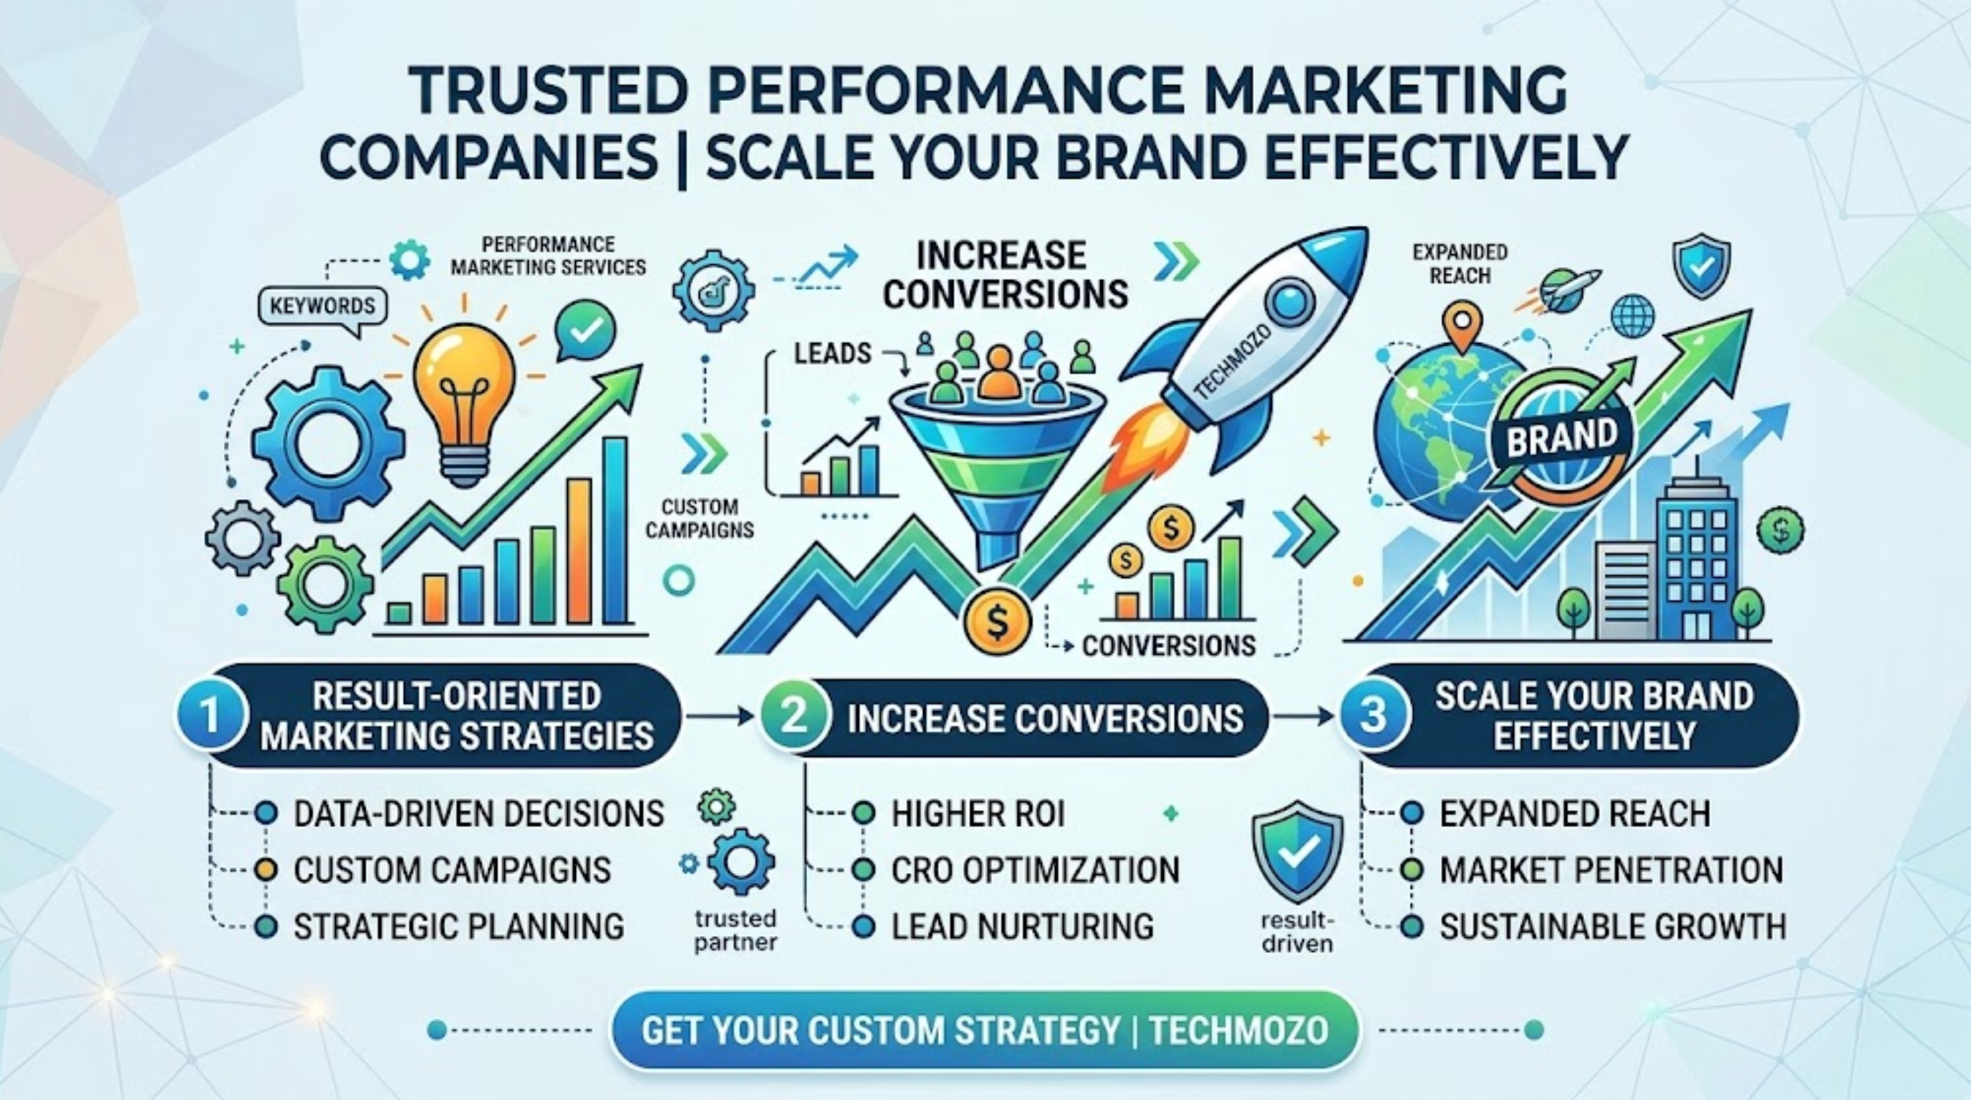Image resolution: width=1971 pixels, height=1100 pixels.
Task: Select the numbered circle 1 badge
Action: pos(209,716)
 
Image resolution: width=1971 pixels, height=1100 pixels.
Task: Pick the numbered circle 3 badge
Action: pos(1374,716)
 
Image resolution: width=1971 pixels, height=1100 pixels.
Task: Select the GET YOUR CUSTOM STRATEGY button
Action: pos(985,1030)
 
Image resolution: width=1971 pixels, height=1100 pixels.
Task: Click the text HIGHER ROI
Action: pos(978,814)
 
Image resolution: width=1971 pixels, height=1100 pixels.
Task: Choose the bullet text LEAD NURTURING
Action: pos(1022,927)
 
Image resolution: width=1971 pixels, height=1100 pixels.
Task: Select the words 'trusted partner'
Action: pos(736,930)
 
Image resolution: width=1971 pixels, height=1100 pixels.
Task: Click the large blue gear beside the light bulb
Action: pos(327,444)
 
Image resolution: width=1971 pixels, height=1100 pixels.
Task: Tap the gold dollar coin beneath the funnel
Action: pos(997,621)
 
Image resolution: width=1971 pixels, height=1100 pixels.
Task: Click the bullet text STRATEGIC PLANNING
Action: pos(459,927)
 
